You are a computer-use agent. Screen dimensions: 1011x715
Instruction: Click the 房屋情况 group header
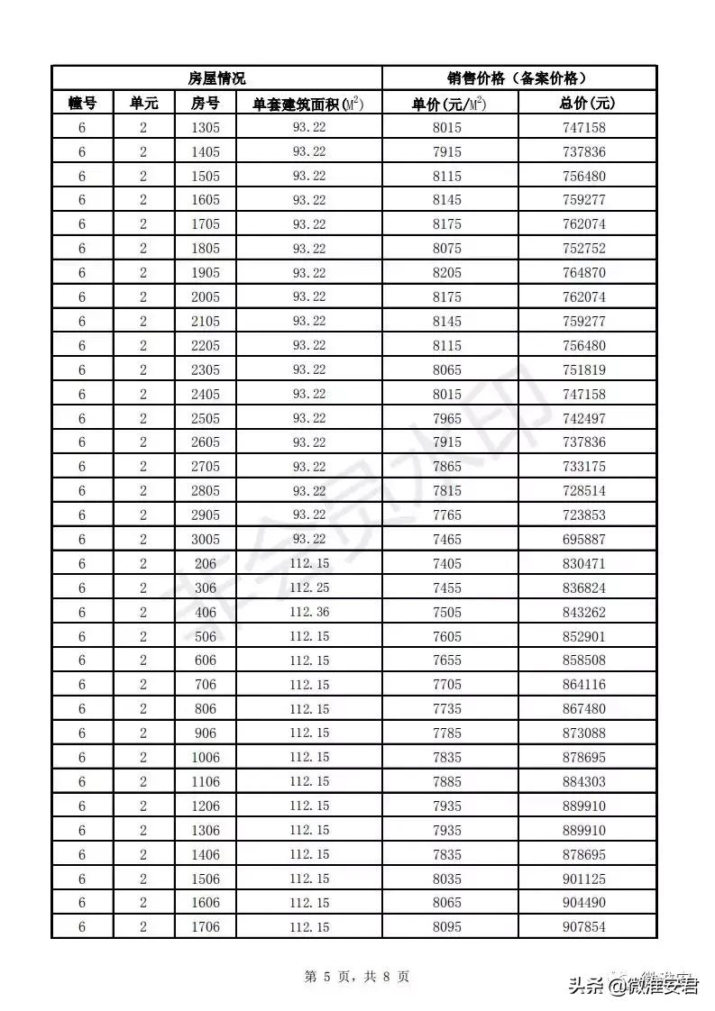[216, 78]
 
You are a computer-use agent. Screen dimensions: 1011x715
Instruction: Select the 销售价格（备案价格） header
[519, 78]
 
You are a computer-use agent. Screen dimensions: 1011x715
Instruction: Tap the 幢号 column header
[82, 104]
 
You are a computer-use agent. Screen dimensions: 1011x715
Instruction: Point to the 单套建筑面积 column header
[308, 104]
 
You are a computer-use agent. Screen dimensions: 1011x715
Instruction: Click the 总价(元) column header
[587, 104]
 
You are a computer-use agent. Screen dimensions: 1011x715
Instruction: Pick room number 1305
[206, 128]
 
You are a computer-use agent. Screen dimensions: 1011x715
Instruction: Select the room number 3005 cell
[206, 540]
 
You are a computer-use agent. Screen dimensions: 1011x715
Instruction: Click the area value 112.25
[308, 587]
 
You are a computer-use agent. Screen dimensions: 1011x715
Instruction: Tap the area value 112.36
[308, 612]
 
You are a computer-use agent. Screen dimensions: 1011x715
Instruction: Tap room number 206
[206, 564]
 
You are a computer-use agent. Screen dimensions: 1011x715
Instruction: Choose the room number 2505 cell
[206, 418]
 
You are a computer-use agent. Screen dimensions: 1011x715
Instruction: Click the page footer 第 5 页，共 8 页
[357, 976]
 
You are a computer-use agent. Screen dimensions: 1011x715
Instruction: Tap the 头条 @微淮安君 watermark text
[633, 986]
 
